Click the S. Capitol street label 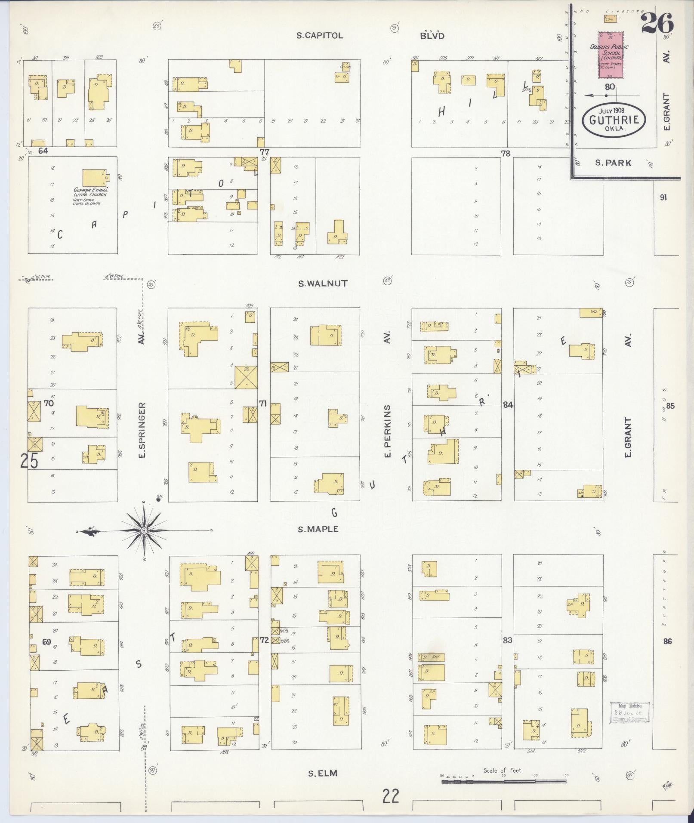pyautogui.click(x=320, y=36)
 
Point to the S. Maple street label pyautogui.click(x=318, y=529)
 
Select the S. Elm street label pyautogui.click(x=322, y=774)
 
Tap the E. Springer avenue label pyautogui.click(x=142, y=430)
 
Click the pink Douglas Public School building pyautogui.click(x=610, y=55)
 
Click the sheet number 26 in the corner pyautogui.click(x=657, y=22)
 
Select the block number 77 pyautogui.click(x=264, y=151)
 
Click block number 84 pyautogui.click(x=508, y=404)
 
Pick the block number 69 pyautogui.click(x=47, y=641)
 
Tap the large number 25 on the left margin pyautogui.click(x=29, y=461)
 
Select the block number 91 pyautogui.click(x=663, y=197)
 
